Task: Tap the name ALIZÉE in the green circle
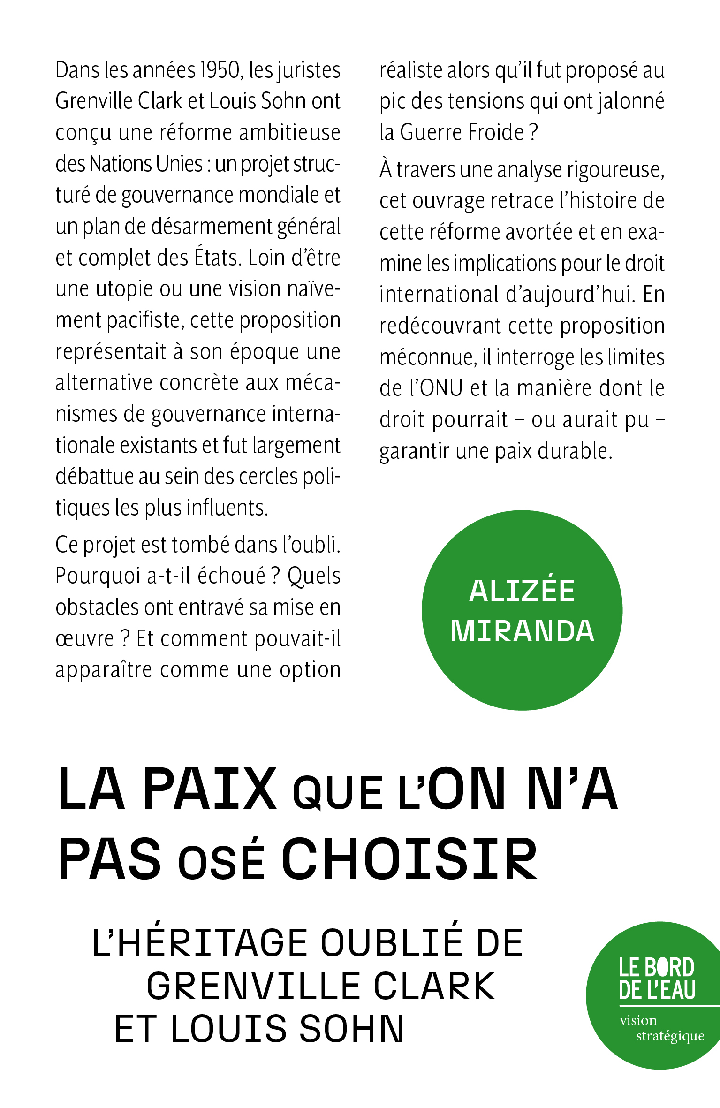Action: [x=522, y=591]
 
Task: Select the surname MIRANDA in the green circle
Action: [x=522, y=631]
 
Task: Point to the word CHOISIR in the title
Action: [x=409, y=859]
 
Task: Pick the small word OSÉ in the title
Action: [x=221, y=862]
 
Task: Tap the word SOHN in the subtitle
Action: [x=351, y=1029]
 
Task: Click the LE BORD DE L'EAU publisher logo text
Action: [x=656, y=979]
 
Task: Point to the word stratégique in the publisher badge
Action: [x=670, y=1036]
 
